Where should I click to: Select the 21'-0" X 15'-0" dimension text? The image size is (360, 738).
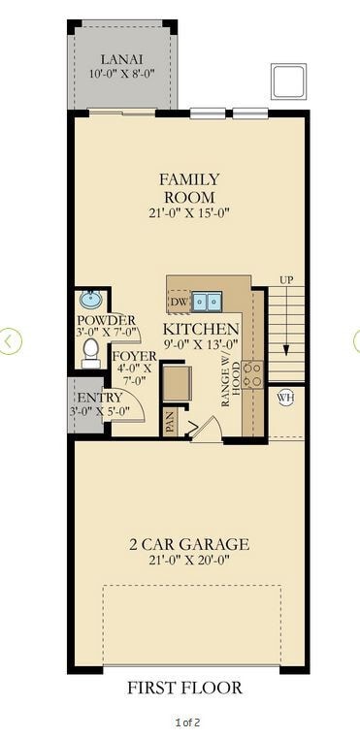189,213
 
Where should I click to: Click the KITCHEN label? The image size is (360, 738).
201,328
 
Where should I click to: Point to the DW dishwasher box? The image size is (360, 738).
179,303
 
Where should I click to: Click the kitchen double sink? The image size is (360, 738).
206,302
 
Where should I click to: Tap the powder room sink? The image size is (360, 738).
91,299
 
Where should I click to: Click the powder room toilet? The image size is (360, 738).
91,351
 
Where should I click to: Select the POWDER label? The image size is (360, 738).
107,320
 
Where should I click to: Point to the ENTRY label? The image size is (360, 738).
99,397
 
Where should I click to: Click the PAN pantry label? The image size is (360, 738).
170,422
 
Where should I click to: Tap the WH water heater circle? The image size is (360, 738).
285,398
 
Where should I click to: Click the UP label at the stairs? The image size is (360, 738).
286,279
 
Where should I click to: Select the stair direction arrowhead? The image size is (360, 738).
286,351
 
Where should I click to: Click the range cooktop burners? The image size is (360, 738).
251,373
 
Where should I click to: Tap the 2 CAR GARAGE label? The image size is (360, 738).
189,544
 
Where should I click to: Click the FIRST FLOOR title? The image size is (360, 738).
184,688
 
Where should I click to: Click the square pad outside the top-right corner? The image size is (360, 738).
288,81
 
